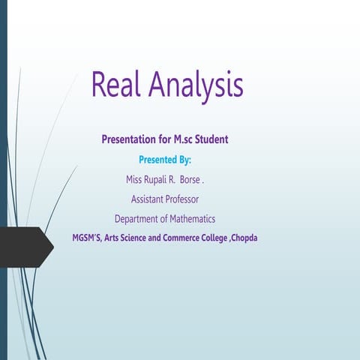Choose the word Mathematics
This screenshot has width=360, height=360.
click(x=190, y=219)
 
